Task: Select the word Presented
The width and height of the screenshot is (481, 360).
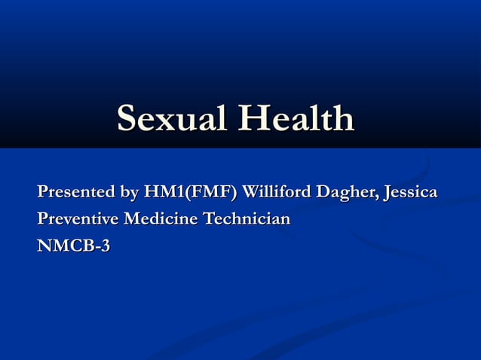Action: click(75, 193)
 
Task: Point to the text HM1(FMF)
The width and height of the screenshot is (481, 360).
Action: click(189, 193)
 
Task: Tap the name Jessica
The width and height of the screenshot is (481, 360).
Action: click(410, 194)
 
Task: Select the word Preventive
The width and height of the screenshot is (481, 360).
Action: click(78, 219)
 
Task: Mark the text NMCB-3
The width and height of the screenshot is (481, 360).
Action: click(73, 246)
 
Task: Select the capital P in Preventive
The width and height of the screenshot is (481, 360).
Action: click(43, 219)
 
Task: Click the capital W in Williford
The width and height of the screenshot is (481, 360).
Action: click(251, 193)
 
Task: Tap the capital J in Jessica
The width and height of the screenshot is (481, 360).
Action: click(386, 194)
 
